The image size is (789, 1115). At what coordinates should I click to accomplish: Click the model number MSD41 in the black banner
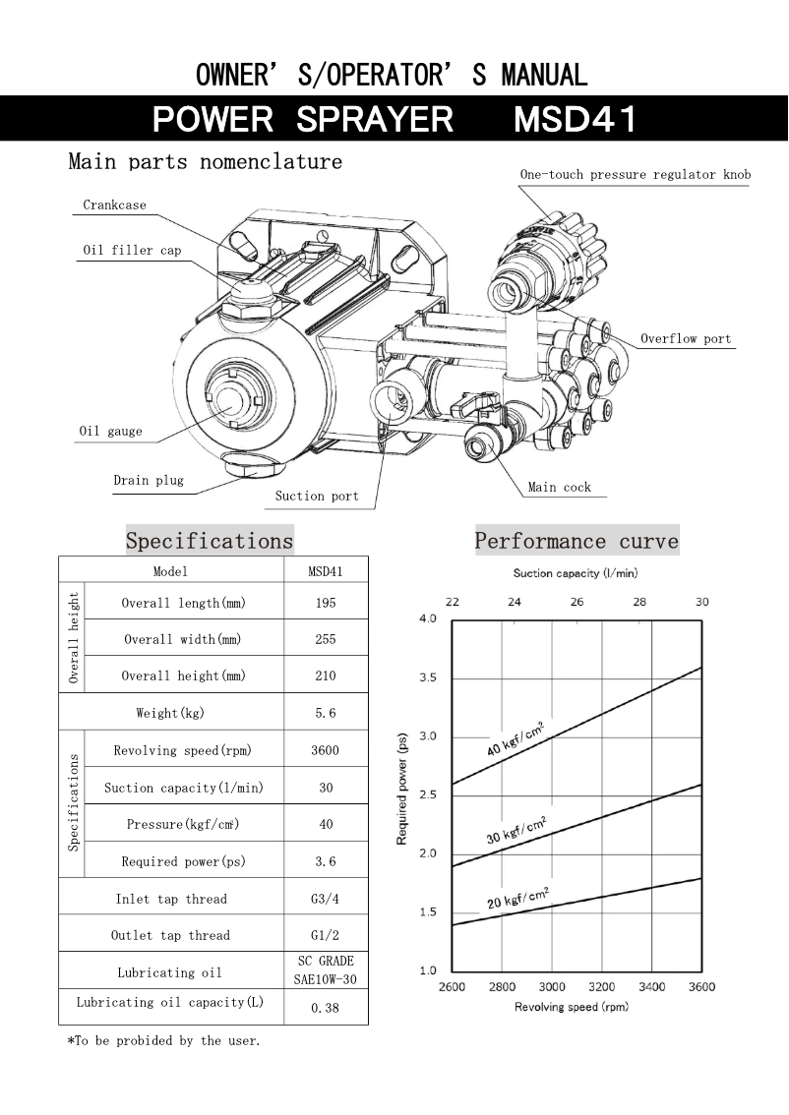click(576, 119)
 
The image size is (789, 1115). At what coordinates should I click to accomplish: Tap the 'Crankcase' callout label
click(114, 205)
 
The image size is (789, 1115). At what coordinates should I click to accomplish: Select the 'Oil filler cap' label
click(131, 251)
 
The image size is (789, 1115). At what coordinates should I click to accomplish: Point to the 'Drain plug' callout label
click(148, 480)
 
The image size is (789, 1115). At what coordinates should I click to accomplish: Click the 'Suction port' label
click(317, 496)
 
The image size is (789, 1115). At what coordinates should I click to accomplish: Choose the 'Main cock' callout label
click(559, 487)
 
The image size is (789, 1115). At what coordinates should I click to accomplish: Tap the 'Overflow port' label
click(686, 339)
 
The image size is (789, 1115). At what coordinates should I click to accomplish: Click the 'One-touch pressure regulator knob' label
click(635, 175)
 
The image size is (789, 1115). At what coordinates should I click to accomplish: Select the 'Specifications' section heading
click(210, 541)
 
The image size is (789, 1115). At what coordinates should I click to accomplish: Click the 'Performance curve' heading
click(577, 541)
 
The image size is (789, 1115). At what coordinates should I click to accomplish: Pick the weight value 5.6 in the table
click(326, 713)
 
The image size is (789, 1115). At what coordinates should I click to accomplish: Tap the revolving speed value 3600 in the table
click(326, 750)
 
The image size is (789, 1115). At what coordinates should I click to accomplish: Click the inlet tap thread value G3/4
click(326, 899)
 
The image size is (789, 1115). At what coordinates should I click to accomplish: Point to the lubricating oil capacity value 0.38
click(326, 1008)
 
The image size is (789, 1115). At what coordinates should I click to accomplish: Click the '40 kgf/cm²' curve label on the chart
click(516, 738)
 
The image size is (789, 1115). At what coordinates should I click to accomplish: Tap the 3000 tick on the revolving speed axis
click(552, 986)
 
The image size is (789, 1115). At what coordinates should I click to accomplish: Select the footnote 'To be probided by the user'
click(163, 1040)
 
